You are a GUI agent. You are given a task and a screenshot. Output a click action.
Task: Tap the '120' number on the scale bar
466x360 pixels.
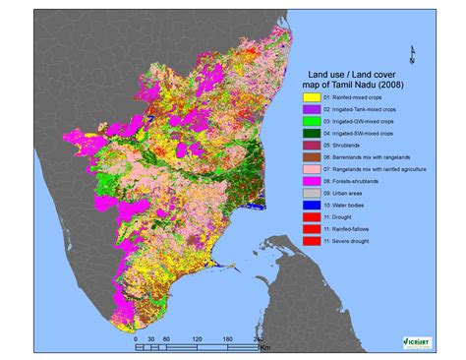(197, 338)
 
